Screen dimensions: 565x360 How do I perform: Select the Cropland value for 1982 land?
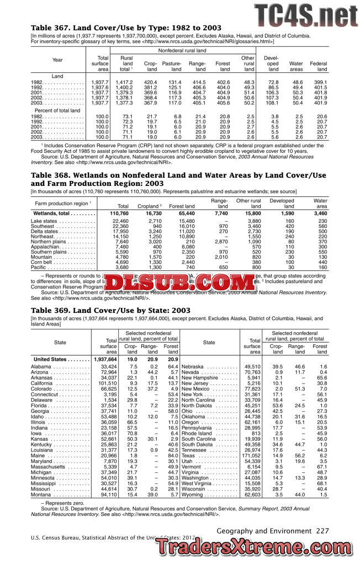150,82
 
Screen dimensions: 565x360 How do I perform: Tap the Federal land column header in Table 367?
319,66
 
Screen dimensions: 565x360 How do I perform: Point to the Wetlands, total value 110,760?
120,212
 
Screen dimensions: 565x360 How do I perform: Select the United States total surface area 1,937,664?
105,359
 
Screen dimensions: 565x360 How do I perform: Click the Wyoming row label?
193,495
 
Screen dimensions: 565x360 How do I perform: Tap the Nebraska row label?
194,367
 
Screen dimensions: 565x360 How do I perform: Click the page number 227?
322,530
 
